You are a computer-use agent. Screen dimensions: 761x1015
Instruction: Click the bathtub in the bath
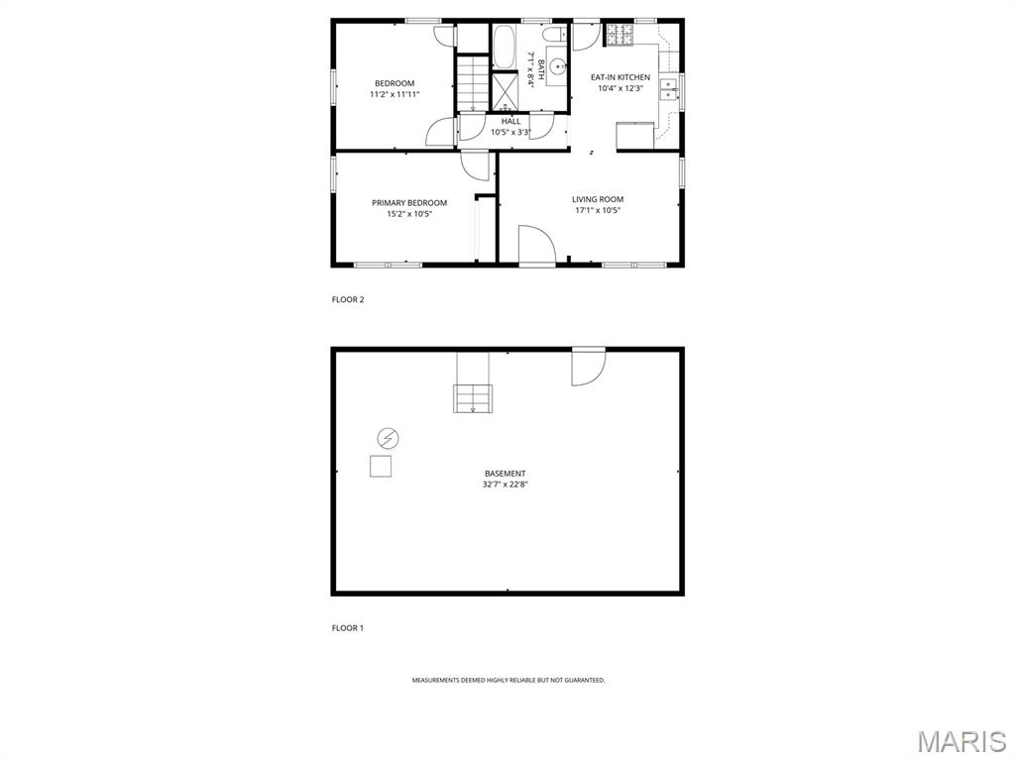coord(505,46)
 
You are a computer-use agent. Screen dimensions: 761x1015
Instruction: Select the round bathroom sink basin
coord(558,67)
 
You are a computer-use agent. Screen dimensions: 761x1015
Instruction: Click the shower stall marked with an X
coord(506,91)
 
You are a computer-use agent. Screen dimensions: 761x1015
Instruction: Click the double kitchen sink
coord(669,90)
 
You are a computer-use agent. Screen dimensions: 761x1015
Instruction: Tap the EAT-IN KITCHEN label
coord(620,77)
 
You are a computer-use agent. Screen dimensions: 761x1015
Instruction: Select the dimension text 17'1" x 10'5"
coord(598,210)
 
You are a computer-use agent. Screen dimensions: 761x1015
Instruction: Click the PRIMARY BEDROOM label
coord(409,203)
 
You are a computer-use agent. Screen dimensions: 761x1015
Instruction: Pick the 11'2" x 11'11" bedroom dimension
coord(394,94)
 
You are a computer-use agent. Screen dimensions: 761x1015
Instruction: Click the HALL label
coord(510,121)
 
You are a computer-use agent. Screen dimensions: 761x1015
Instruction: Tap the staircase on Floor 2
coord(474,83)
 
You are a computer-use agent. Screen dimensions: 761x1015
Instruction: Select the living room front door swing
coord(536,246)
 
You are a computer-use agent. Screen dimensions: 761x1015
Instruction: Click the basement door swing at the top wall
coord(587,367)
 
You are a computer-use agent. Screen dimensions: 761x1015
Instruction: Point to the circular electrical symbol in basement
coord(388,438)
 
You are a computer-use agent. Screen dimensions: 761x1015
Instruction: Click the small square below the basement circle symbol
coord(381,466)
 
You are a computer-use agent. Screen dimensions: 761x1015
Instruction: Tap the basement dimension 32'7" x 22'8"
coord(506,485)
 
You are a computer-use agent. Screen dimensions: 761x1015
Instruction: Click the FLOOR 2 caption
coord(348,299)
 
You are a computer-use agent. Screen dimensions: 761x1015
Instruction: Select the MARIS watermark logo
coord(960,741)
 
